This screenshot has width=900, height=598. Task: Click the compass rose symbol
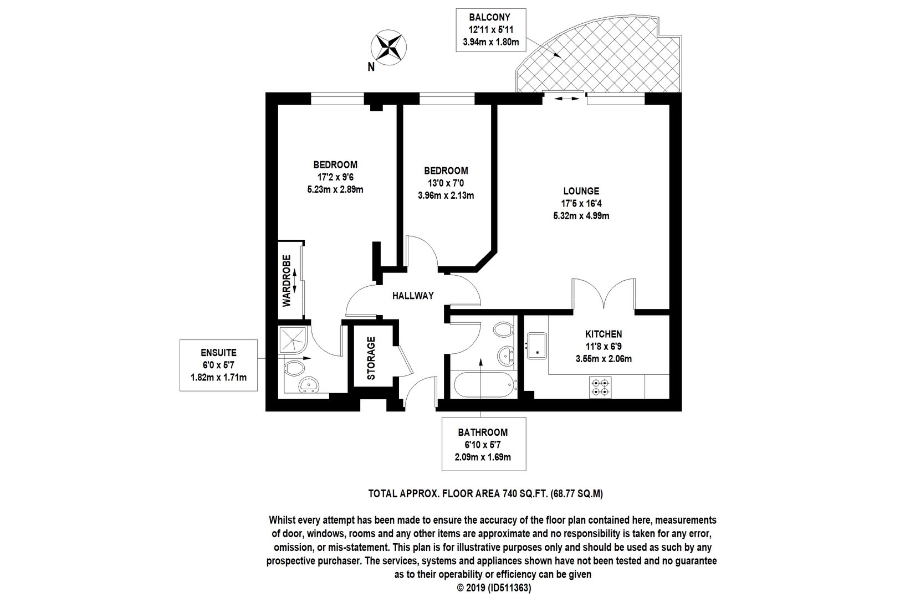pyautogui.click(x=388, y=47)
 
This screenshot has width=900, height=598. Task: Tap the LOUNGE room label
pyautogui.click(x=581, y=191)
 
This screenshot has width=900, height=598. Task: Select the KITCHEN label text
pyautogui.click(x=604, y=334)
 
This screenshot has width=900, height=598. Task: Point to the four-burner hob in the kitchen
pyautogui.click(x=600, y=387)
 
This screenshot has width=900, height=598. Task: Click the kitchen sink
pyautogui.click(x=537, y=346)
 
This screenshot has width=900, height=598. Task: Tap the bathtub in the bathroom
pyautogui.click(x=484, y=384)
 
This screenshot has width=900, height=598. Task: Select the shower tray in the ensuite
pyautogui.click(x=293, y=340)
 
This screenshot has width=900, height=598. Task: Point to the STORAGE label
pyautogui.click(x=371, y=358)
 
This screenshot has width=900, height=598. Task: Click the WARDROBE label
pyautogui.click(x=287, y=281)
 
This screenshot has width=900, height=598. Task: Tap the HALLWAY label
pyautogui.click(x=413, y=296)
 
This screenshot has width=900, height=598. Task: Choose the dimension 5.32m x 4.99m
pyautogui.click(x=581, y=216)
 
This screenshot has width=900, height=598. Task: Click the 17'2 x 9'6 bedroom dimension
pyautogui.click(x=335, y=177)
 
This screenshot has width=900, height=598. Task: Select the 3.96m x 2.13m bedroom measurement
pyautogui.click(x=446, y=195)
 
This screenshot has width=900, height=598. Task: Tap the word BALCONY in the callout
pyautogui.click(x=490, y=17)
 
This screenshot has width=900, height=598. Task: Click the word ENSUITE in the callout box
pyautogui.click(x=218, y=353)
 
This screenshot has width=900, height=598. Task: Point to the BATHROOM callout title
pyautogui.click(x=483, y=432)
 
